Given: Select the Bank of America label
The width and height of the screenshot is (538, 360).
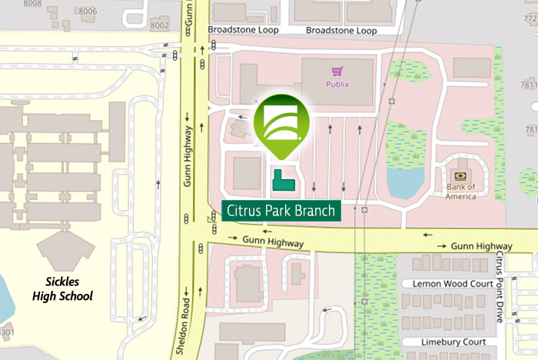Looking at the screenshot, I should pos(460,192).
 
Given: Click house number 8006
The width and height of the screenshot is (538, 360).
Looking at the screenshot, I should pos(88,12).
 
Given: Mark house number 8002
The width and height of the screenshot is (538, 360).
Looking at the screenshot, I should pos(159,25).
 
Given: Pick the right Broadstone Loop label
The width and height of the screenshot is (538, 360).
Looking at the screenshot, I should pos(341,31).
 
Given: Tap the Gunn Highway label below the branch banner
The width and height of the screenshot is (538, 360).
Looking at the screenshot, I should pos(274,243).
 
